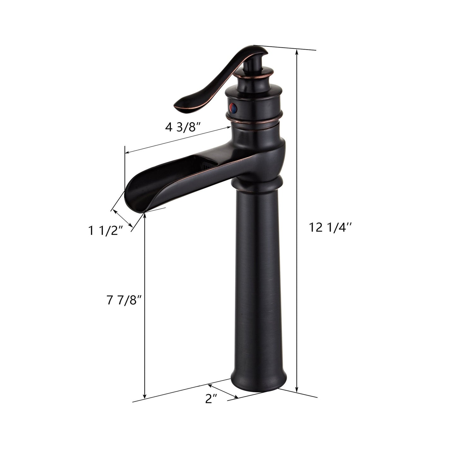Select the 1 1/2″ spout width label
(105, 231)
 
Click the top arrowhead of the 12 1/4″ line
(296, 51)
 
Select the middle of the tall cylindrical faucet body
(256, 284)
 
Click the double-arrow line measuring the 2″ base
(223, 391)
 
